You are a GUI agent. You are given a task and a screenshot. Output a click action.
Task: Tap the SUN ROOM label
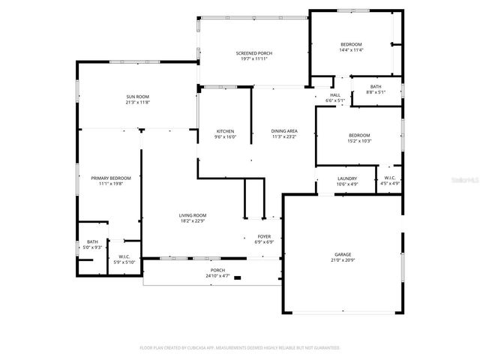[x=137, y=98]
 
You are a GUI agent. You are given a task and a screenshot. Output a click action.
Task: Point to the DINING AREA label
[x=283, y=131]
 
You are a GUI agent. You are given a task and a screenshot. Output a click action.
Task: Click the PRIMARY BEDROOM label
[x=111, y=178]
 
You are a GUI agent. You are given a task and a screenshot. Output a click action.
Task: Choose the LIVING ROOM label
[x=193, y=215]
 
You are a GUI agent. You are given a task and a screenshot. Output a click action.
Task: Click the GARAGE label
[x=343, y=254]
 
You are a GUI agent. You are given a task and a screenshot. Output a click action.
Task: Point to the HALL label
[x=335, y=94]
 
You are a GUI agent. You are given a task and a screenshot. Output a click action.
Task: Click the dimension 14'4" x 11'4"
[x=351, y=50]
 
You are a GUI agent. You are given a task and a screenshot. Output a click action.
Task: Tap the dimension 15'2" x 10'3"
[x=358, y=141]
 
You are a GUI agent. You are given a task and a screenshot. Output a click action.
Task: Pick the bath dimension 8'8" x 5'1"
[x=375, y=91]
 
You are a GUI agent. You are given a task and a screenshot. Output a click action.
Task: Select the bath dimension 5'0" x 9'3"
[x=91, y=247]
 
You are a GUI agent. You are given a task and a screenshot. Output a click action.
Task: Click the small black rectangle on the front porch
[x=238, y=277]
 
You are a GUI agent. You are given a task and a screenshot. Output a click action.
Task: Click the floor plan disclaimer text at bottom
[x=240, y=347]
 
